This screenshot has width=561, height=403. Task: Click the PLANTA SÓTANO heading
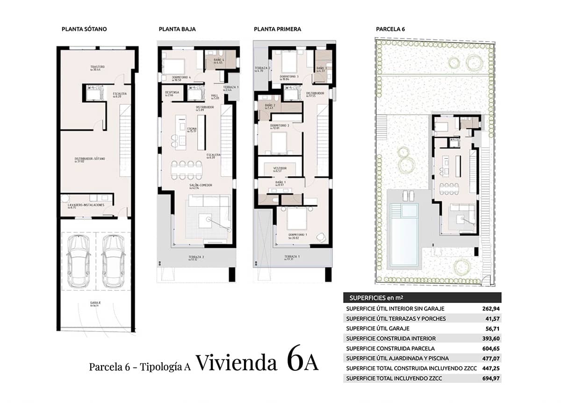tap(84, 29)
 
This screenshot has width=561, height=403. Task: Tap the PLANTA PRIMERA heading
tap(277, 29)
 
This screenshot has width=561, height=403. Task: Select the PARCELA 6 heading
tap(390, 29)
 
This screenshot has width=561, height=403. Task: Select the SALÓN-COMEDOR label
tap(201, 186)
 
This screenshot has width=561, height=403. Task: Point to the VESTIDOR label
tap(280, 168)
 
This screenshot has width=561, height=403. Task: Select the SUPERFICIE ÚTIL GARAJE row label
tap(378, 328)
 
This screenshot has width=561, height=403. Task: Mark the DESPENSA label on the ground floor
tap(173, 93)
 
